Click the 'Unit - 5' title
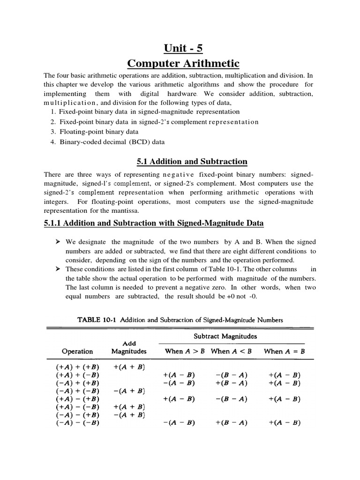(184, 48)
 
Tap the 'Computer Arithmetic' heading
(184, 63)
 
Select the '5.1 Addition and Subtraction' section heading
(192, 162)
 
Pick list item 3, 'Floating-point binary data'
(96, 132)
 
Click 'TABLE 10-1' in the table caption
(97, 320)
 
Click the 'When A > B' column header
(185, 351)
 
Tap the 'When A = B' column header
(285, 351)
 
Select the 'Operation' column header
(77, 351)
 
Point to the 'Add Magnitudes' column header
(129, 347)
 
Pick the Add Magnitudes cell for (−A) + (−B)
(129, 391)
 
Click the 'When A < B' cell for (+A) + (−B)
(232, 375)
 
